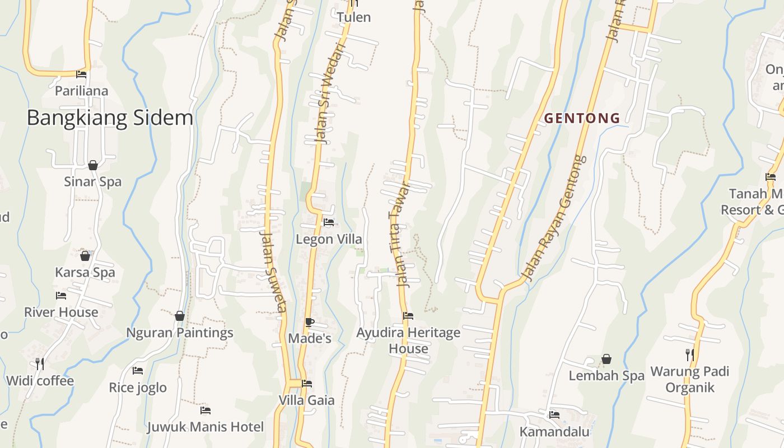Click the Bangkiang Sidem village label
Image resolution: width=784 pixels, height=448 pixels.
(110, 118)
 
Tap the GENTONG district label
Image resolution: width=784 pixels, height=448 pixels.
(582, 118)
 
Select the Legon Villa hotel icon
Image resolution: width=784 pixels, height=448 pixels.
(329, 222)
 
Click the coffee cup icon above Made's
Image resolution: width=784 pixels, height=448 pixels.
(309, 322)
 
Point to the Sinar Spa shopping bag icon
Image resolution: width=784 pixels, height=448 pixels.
(93, 165)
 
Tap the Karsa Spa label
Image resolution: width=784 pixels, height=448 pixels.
(85, 273)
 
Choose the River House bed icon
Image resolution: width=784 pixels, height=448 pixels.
(61, 296)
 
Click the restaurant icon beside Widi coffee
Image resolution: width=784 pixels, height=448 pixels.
(40, 364)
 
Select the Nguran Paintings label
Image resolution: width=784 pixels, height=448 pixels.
(179, 333)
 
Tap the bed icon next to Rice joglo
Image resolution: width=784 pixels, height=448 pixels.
(138, 371)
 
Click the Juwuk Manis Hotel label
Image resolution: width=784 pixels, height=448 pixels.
(205, 427)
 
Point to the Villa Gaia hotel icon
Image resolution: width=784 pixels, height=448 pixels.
(307, 384)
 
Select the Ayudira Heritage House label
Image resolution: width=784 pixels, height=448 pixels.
(408, 340)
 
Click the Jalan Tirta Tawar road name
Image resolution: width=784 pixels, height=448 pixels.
(399, 235)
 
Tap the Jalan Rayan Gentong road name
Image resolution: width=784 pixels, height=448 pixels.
(554, 218)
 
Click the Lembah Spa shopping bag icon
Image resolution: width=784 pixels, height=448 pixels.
(606, 358)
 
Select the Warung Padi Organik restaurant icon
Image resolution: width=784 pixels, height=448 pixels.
(690, 354)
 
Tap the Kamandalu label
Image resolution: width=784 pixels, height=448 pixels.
(554, 432)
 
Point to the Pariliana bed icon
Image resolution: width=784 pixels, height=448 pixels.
(82, 74)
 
